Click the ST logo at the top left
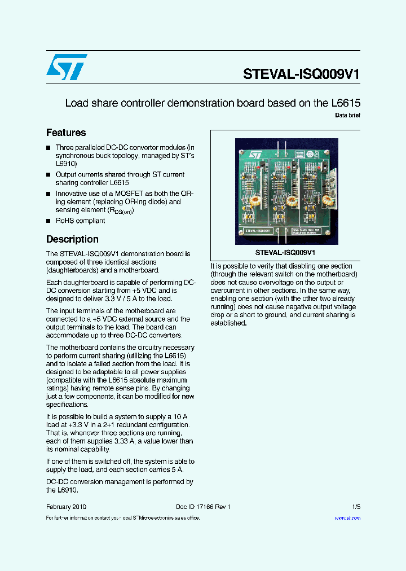67,67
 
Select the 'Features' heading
66,133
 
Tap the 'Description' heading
72,239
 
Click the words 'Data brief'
347,116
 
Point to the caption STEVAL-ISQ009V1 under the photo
285,253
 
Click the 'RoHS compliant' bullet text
80,221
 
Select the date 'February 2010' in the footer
66,507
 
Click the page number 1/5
356,507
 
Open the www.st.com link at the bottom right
347,518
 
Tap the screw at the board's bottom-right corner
331,237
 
